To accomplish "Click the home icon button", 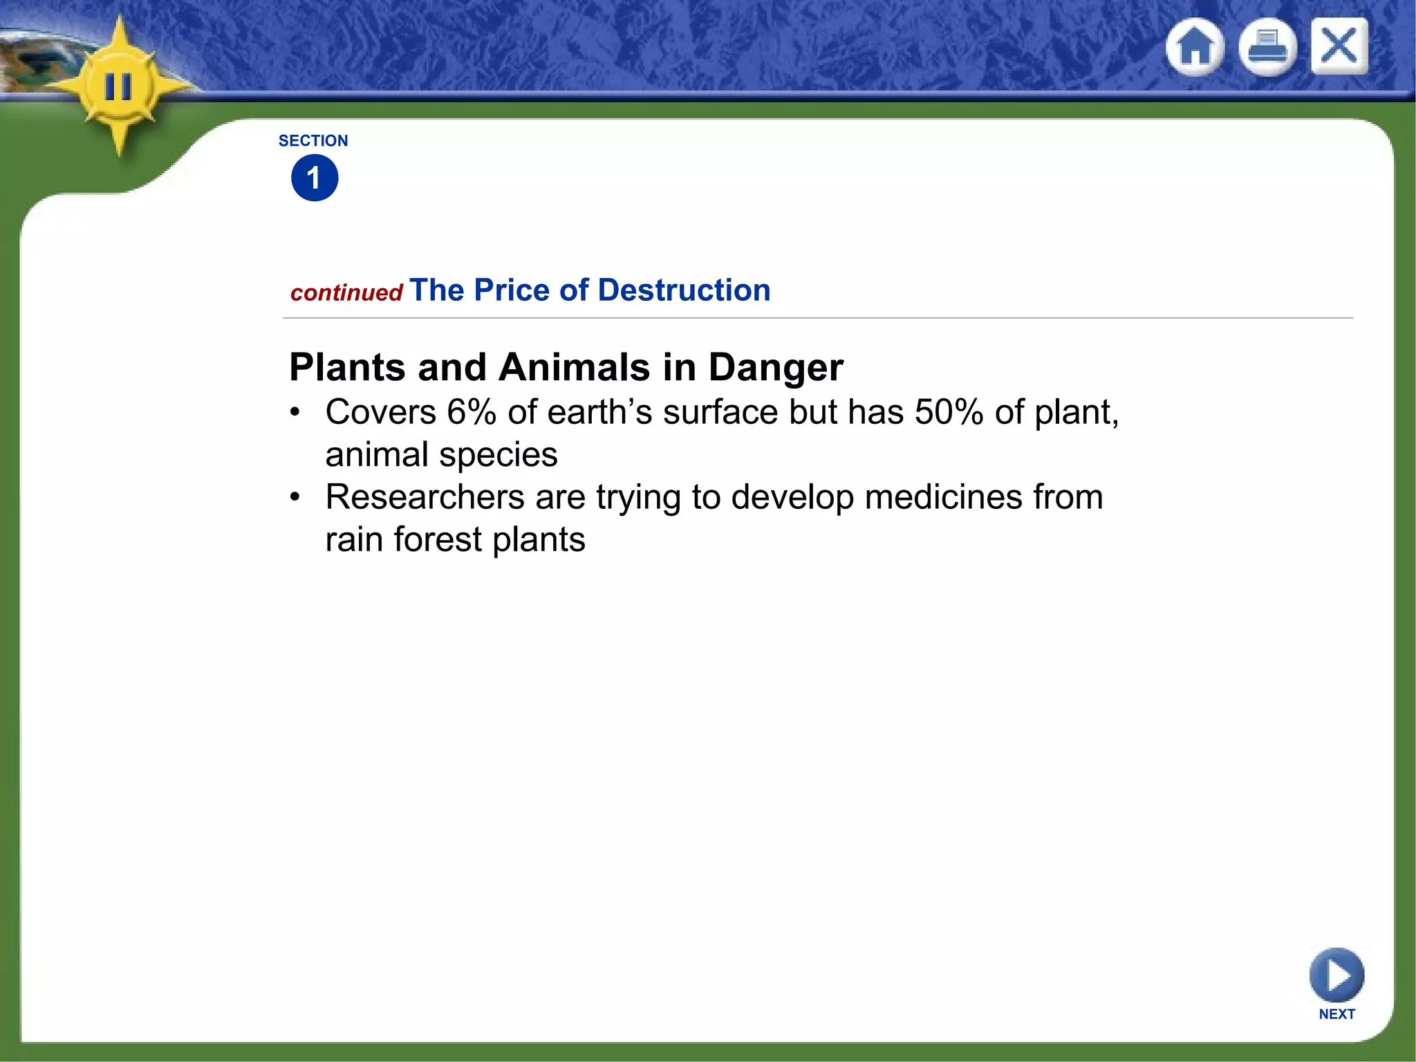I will pyautogui.click(x=1195, y=47).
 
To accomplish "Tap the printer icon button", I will pyautogui.click(x=1267, y=47).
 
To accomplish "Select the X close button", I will pyautogui.click(x=1339, y=46).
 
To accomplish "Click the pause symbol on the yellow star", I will pyautogui.click(x=118, y=88).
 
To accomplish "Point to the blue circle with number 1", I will pyautogui.click(x=315, y=178).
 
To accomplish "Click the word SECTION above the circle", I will pyautogui.click(x=313, y=141).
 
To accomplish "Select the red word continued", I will pyautogui.click(x=346, y=293).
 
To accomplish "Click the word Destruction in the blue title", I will pyautogui.click(x=684, y=290).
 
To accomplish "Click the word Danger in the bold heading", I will pyautogui.click(x=776, y=367).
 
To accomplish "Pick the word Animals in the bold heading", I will pyautogui.click(x=574, y=367).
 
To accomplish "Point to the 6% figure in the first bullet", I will pyautogui.click(x=472, y=412).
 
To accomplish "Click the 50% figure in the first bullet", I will pyautogui.click(x=949, y=412).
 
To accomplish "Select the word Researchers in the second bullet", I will pyautogui.click(x=425, y=497).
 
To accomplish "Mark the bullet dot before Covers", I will pyautogui.click(x=295, y=413).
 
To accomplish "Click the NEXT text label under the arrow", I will pyautogui.click(x=1336, y=1014).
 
